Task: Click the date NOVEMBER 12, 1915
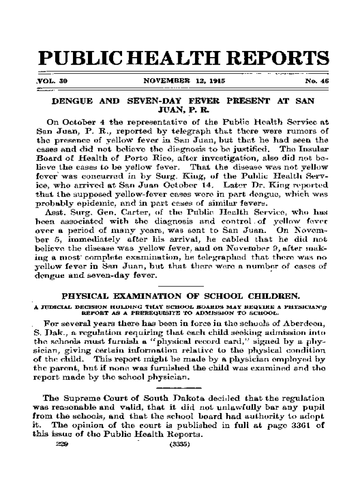[178, 80]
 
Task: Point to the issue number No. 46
[317, 80]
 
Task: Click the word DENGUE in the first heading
[74, 101]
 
